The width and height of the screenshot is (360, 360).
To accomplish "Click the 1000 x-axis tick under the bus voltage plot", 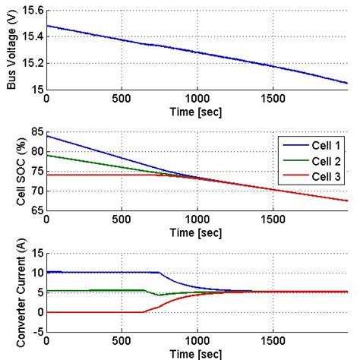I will pos(197,98).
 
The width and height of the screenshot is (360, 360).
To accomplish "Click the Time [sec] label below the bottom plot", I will pos(197,353).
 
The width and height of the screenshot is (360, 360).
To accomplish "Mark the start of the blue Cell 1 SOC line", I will pos(47,136).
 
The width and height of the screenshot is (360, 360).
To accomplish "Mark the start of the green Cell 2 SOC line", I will pos(47,155).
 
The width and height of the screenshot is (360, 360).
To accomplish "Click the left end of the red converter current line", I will pos(47,311).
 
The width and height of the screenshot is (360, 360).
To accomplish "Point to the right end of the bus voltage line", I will pos(346,83).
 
